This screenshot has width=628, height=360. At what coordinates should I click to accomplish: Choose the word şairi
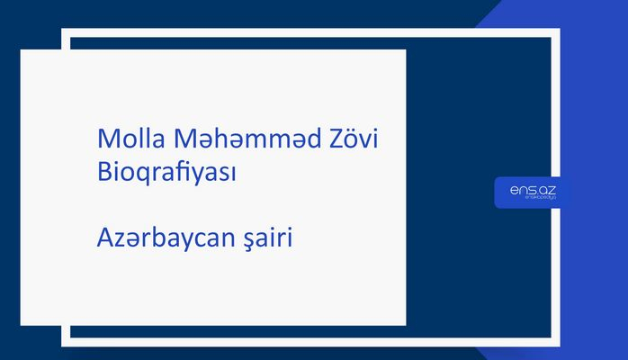point(271,239)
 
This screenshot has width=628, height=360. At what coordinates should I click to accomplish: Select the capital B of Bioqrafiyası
point(103,173)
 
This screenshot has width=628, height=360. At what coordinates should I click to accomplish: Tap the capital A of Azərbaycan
point(104,239)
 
